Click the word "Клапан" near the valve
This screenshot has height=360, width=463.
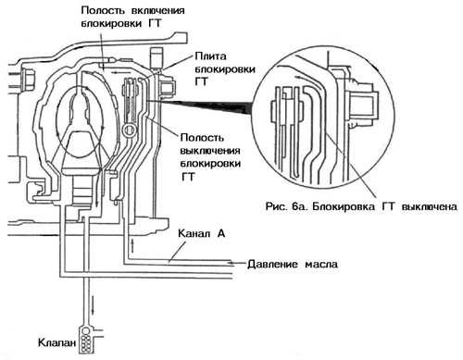[x=56, y=342]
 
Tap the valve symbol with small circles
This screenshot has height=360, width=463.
[x=86, y=340]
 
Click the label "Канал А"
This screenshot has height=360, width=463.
[x=202, y=233]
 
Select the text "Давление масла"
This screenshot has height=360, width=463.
[x=293, y=264]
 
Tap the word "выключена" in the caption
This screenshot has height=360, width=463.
[x=429, y=206]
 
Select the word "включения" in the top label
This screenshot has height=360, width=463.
[x=158, y=10]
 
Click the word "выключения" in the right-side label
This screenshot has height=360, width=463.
[x=210, y=151]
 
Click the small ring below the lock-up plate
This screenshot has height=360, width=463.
[x=129, y=130]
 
